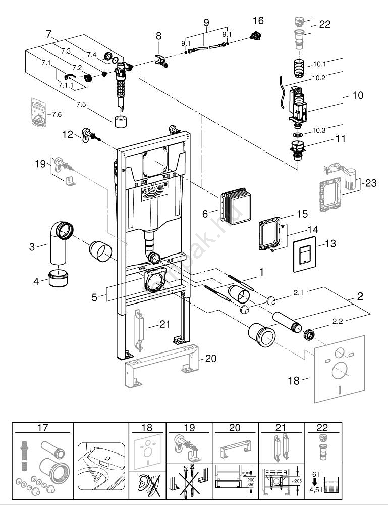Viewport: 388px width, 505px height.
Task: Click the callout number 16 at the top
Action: (x=258, y=21)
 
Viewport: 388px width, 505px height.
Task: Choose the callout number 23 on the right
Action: (x=371, y=184)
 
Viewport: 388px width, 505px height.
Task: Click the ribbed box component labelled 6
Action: (x=233, y=207)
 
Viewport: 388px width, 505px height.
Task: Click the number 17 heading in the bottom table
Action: (x=43, y=428)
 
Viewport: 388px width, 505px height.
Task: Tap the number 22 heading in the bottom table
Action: (x=322, y=428)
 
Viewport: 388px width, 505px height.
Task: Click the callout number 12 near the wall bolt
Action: (x=68, y=134)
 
